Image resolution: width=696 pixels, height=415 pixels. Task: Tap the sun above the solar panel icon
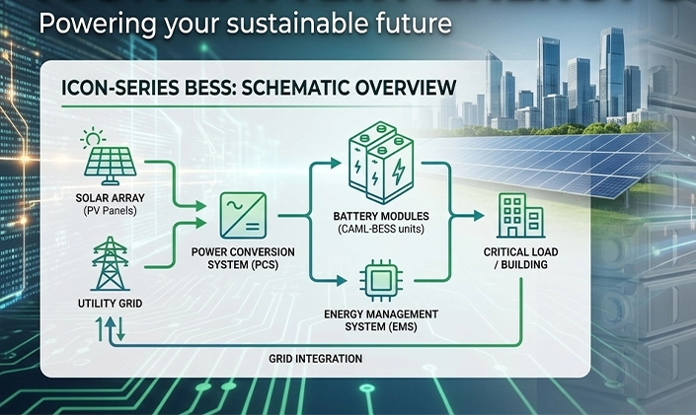tap(93, 138)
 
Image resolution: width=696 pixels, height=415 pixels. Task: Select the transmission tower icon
tap(110, 264)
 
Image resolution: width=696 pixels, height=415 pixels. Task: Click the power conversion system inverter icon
tap(243, 216)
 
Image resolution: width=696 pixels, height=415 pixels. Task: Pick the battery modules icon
tap(381, 163)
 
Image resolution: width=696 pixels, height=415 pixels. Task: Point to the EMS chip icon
tap(381, 280)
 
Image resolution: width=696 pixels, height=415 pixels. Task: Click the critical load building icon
tap(520, 216)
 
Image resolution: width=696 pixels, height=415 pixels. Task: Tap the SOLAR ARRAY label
tap(111, 198)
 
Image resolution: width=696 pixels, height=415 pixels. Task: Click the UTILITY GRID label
tap(111, 304)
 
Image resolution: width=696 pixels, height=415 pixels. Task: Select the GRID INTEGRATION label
tap(316, 358)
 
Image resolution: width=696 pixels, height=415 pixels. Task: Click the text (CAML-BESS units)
tap(381, 230)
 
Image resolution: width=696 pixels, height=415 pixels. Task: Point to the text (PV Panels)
tap(111, 211)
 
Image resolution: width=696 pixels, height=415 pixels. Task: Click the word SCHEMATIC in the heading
tap(289, 88)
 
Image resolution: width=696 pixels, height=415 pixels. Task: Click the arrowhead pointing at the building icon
tap(479, 216)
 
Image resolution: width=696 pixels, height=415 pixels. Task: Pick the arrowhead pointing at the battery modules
tap(336, 164)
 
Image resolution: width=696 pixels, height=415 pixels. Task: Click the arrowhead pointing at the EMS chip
tap(342, 280)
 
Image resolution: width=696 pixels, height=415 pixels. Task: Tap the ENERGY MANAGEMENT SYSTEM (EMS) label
tap(381, 320)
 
